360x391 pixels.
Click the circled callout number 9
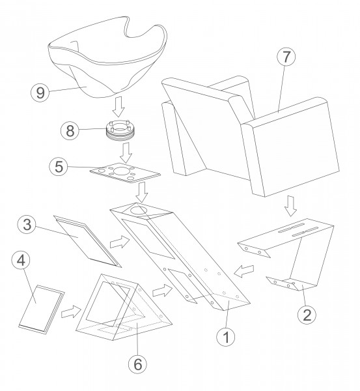(x=40, y=93)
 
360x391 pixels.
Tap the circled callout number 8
(x=70, y=131)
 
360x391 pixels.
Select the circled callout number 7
(x=286, y=57)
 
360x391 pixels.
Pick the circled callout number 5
(x=59, y=167)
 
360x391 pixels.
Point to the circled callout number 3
(x=27, y=224)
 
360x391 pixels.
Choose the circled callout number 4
(x=21, y=260)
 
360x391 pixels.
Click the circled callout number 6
(x=137, y=364)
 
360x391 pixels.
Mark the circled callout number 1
(x=226, y=337)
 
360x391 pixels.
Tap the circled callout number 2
(x=307, y=315)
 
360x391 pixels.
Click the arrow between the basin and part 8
(x=119, y=106)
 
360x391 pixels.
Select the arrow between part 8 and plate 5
(x=126, y=153)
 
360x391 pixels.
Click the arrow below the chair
(x=290, y=206)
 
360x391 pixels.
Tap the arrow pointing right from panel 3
(x=120, y=242)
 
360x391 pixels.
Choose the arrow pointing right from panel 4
(x=72, y=311)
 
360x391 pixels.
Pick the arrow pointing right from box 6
(x=163, y=291)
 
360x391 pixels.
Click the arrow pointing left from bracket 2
(x=244, y=271)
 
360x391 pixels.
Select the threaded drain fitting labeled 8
(x=120, y=131)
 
